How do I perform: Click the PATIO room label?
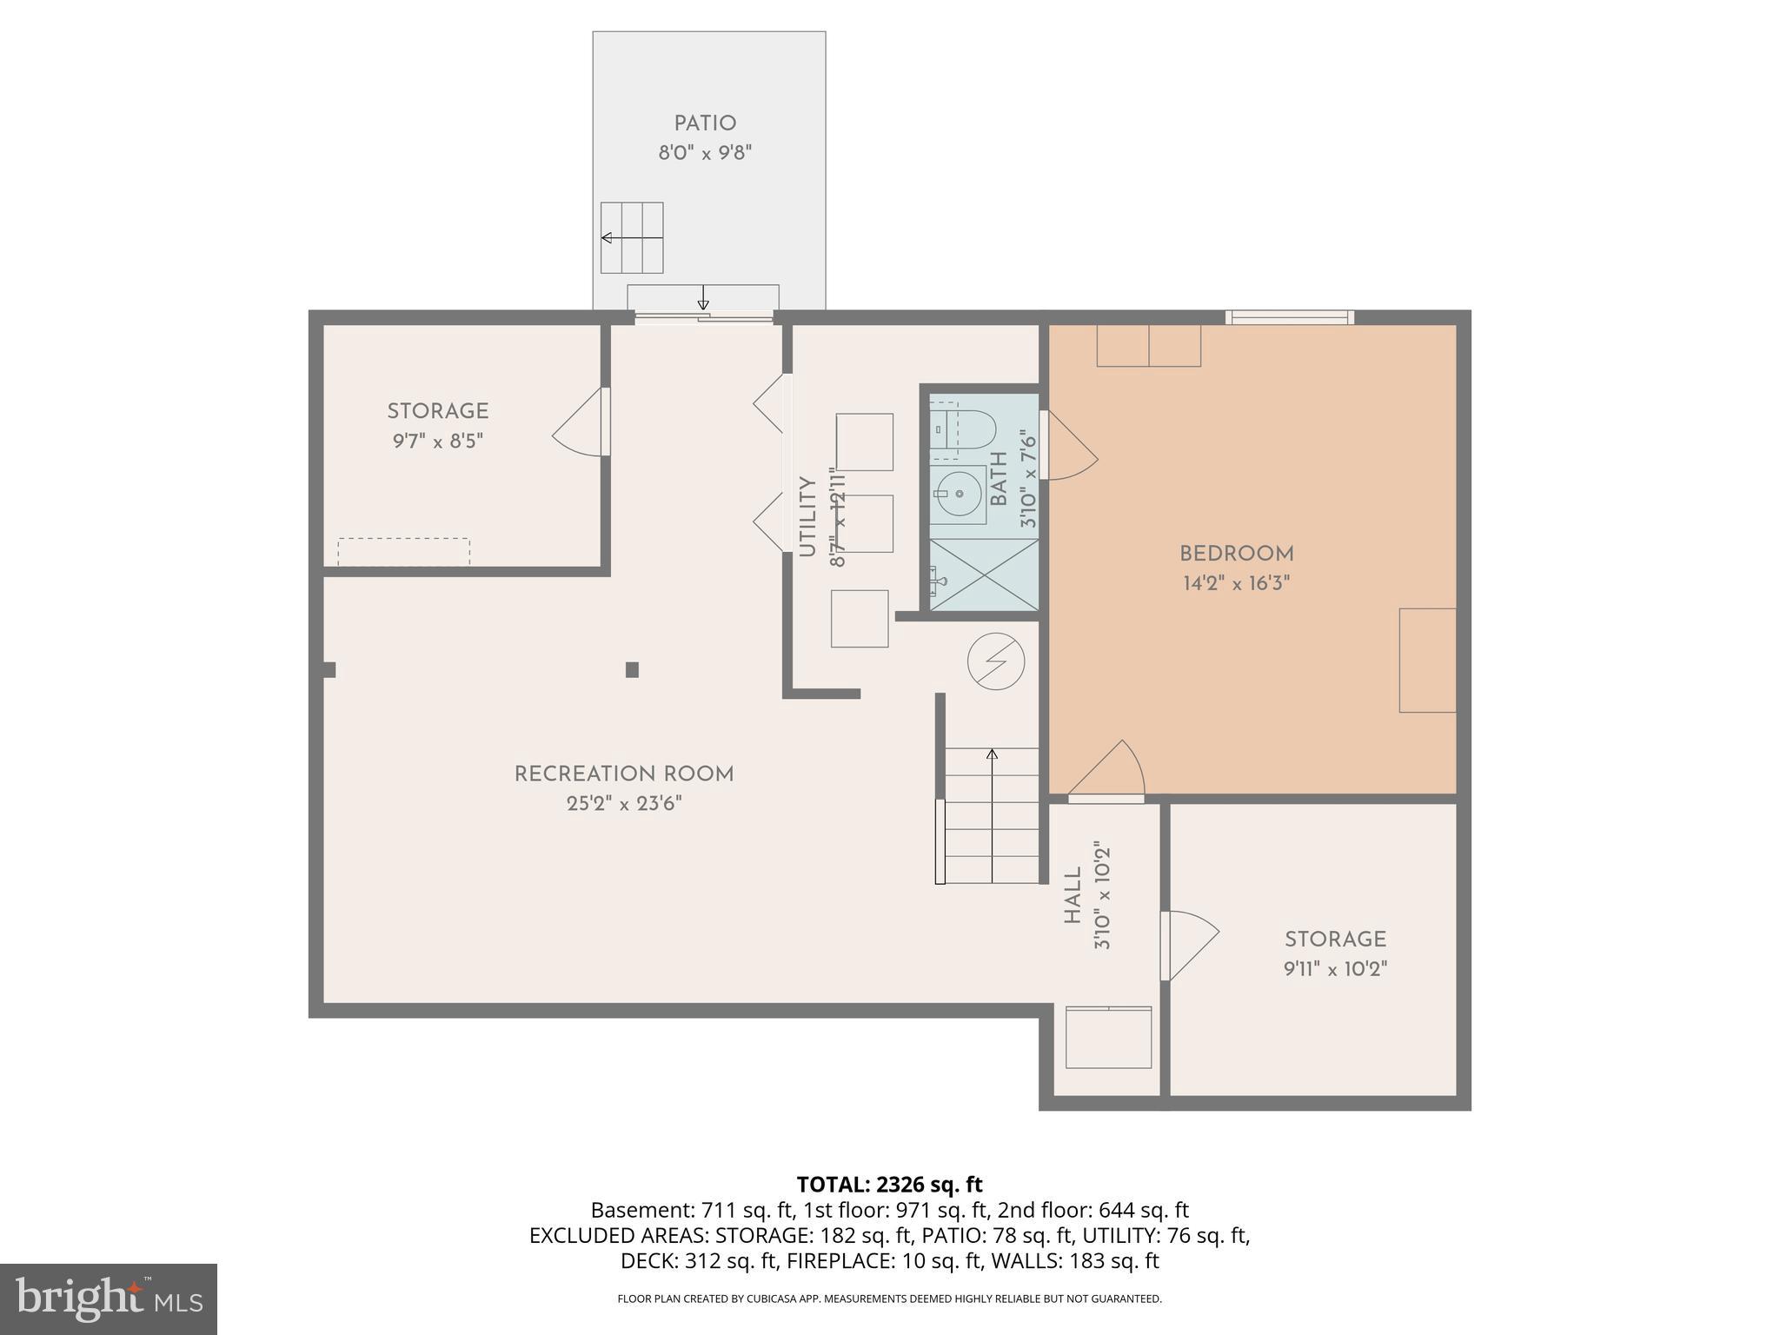point(705,124)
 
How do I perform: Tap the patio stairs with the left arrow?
point(632,237)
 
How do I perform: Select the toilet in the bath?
point(964,429)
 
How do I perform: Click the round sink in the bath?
point(960,494)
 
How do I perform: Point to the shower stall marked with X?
point(984,574)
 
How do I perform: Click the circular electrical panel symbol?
point(996,661)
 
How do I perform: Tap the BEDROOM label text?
point(1236,554)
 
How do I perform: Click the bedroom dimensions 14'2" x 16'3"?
point(1236,583)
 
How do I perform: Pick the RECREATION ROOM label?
point(624,774)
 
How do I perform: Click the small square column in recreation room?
point(632,669)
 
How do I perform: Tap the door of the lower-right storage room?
point(1189,946)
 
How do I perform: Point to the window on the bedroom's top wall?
point(1290,318)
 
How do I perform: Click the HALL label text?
point(1073,895)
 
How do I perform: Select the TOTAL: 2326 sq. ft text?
point(889,1184)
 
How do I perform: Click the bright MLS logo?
point(108,1298)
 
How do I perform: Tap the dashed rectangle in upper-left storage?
point(403,551)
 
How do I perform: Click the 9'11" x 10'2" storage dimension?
point(1335,969)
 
